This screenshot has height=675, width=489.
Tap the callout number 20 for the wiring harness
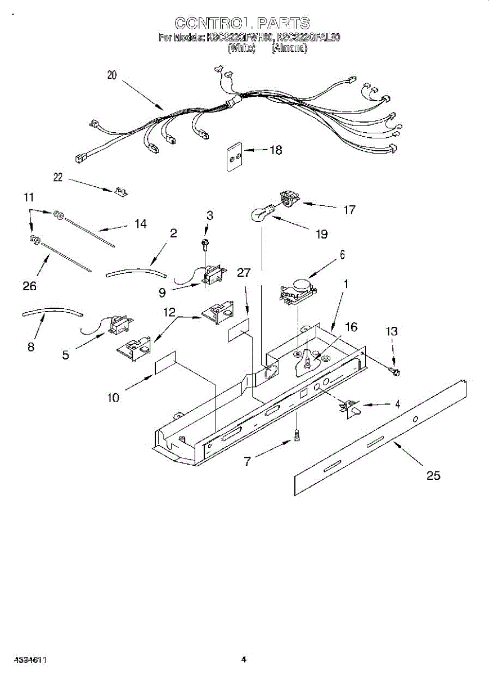click(112, 75)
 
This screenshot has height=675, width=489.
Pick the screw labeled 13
click(394, 370)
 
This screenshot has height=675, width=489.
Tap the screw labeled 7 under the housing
click(296, 435)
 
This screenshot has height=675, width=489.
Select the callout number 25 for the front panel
click(433, 476)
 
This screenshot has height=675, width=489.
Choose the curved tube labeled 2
click(136, 273)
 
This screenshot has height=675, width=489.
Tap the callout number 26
click(29, 286)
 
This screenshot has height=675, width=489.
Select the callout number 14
click(140, 224)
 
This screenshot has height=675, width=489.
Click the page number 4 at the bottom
click(244, 659)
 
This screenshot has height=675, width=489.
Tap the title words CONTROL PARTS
click(242, 23)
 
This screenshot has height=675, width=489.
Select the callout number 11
click(29, 197)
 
